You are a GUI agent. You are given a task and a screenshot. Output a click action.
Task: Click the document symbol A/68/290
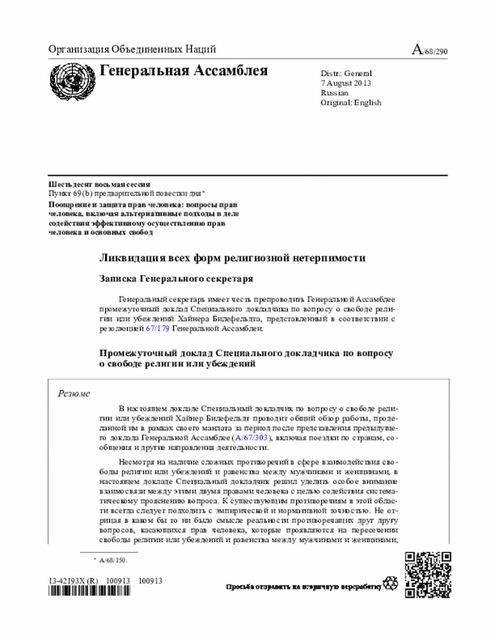tap(429, 50)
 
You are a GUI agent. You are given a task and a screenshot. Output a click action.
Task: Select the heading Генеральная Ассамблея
tap(183, 72)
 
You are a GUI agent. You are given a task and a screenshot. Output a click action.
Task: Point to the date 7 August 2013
tap(346, 82)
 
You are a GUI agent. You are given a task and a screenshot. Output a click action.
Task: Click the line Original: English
tap(350, 102)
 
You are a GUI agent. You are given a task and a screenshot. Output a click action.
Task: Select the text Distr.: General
tap(346, 72)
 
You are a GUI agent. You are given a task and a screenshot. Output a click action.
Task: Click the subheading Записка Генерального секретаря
tap(176, 278)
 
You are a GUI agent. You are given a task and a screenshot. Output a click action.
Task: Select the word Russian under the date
tap(334, 92)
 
